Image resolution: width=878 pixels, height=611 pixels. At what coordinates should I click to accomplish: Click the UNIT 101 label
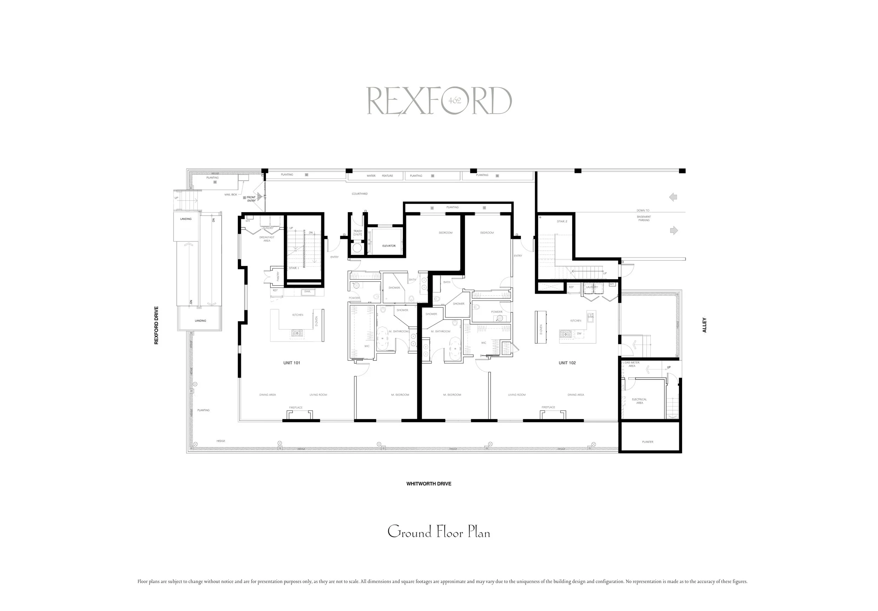click(291, 363)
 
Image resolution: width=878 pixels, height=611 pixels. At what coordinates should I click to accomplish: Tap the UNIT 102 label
click(567, 363)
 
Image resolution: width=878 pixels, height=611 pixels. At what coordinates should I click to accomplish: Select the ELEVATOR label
click(389, 246)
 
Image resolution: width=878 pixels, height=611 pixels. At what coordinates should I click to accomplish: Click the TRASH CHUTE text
click(358, 233)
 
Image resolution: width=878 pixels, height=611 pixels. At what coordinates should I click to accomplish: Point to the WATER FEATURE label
click(379, 176)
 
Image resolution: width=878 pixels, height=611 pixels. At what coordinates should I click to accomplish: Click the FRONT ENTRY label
click(251, 199)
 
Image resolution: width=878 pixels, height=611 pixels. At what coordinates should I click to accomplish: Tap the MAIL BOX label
click(231, 195)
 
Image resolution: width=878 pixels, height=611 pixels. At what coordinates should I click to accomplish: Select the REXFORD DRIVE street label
click(156, 325)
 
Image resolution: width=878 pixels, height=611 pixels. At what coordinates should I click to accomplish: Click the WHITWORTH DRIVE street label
click(429, 483)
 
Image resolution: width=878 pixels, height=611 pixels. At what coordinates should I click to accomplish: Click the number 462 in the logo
click(455, 100)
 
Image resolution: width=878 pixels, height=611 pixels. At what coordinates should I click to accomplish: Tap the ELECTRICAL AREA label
click(640, 401)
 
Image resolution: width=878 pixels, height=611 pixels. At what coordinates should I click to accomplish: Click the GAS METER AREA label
click(632, 364)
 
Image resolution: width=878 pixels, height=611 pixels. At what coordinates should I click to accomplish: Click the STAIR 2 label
click(562, 221)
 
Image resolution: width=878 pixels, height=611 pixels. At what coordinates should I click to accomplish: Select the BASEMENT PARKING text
click(644, 219)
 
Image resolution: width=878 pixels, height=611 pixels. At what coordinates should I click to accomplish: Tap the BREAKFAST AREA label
click(267, 239)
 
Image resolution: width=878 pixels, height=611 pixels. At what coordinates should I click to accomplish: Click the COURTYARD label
click(360, 194)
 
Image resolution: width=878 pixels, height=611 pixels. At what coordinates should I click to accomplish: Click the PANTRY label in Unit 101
click(278, 276)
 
